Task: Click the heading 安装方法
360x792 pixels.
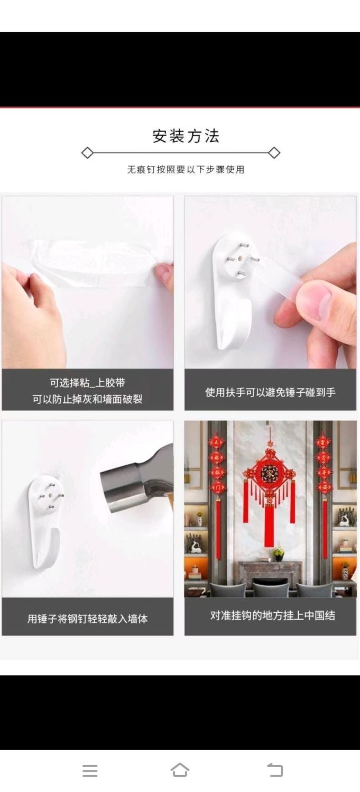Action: click(x=186, y=136)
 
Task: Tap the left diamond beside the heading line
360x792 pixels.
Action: click(x=87, y=153)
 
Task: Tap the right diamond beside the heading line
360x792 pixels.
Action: click(x=274, y=153)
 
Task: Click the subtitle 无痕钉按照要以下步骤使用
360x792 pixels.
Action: click(x=186, y=170)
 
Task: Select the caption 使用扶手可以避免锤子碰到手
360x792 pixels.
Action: click(x=270, y=392)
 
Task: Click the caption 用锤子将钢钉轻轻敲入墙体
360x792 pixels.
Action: click(x=87, y=619)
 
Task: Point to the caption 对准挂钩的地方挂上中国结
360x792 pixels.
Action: click(x=272, y=615)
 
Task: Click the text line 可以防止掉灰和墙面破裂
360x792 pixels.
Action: click(x=87, y=399)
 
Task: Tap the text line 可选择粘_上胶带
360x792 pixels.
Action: click(x=87, y=383)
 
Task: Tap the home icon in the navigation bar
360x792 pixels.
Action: click(x=180, y=770)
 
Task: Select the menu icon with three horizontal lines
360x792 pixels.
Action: click(x=90, y=770)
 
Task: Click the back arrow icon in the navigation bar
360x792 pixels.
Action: click(x=275, y=770)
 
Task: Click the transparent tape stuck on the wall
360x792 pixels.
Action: click(x=88, y=263)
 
